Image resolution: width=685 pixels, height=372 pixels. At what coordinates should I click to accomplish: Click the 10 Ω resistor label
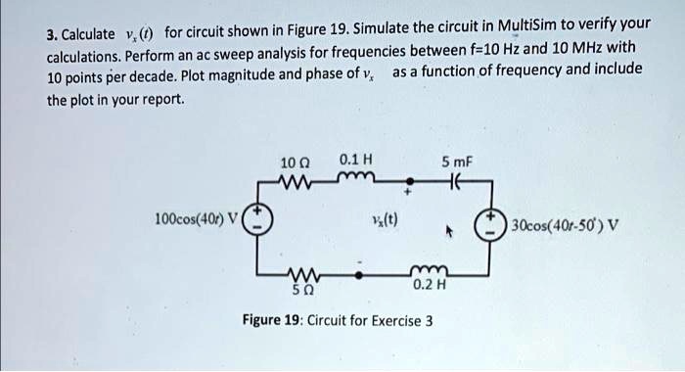(294, 161)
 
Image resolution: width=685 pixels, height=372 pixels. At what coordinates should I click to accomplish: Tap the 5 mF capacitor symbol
(455, 180)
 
